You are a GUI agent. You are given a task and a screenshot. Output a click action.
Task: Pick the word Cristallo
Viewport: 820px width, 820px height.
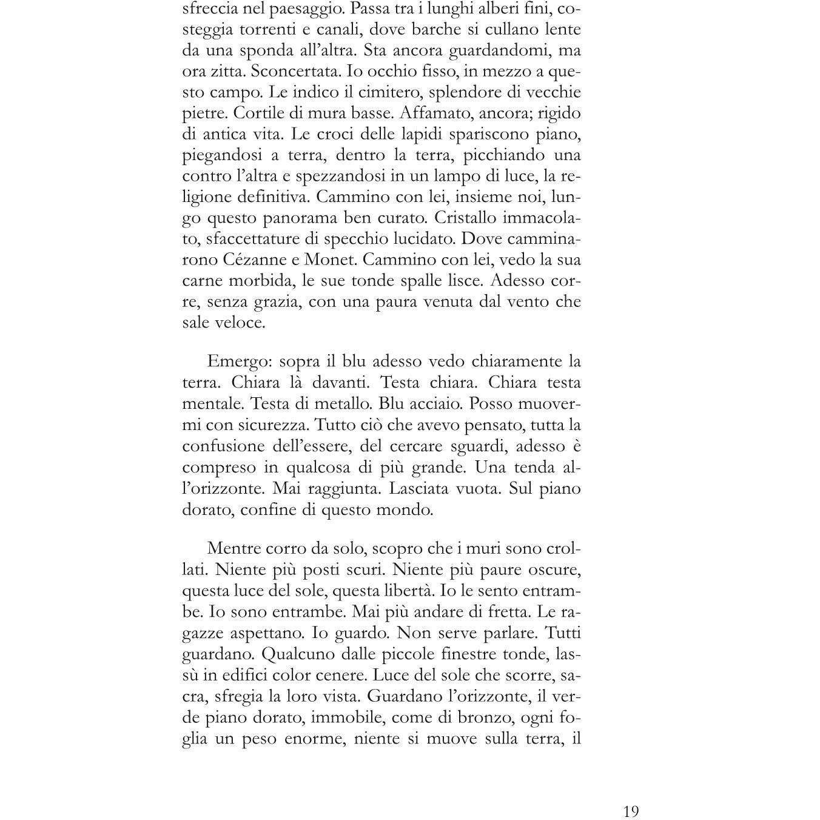pyautogui.click(x=474, y=218)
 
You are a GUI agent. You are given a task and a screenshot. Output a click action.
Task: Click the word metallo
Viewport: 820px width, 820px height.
pyautogui.click(x=341, y=404)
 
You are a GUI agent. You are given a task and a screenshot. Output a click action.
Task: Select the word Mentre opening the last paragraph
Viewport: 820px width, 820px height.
pyautogui.click(x=234, y=548)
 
